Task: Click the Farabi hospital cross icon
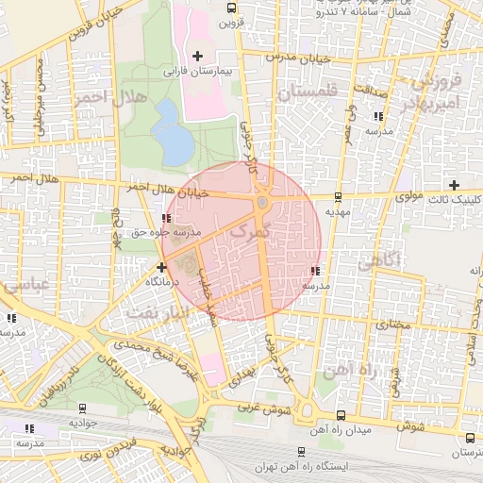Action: click(197, 56)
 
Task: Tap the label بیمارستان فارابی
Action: click(198, 71)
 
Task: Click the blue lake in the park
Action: click(172, 131)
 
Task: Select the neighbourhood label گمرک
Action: click(249, 229)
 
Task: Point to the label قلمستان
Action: click(307, 92)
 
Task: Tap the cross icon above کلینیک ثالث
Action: click(455, 185)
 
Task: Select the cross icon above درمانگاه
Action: click(161, 267)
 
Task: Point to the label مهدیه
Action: click(338, 212)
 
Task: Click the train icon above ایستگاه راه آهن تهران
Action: click(301, 452)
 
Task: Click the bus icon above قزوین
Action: click(231, 8)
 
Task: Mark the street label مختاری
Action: click(389, 324)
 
